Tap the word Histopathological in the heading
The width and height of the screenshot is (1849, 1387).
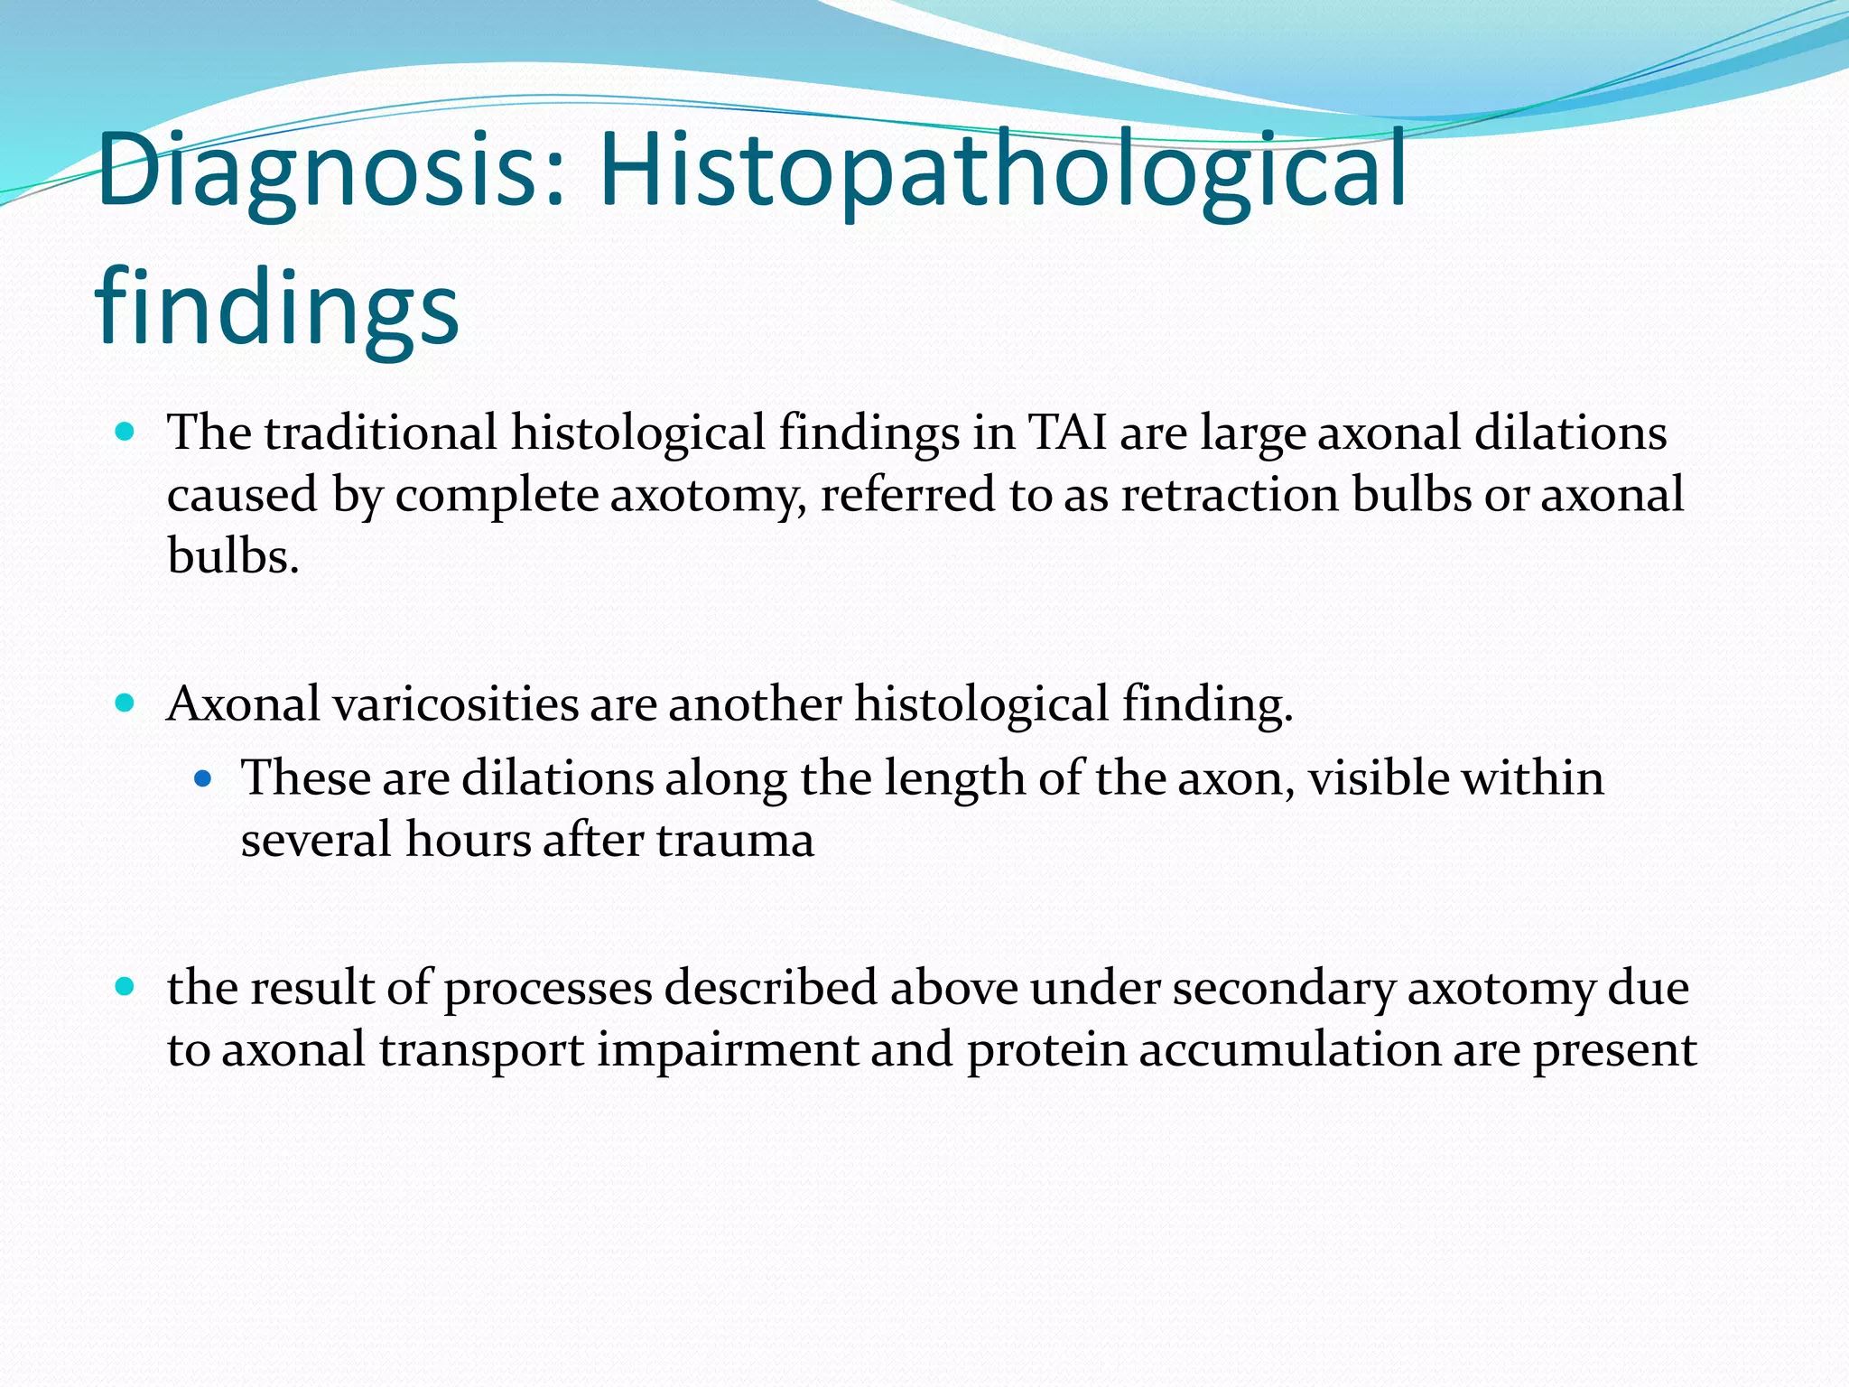coord(1002,172)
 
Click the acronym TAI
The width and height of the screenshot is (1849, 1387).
coord(1067,433)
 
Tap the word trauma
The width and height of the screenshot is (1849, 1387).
coord(735,840)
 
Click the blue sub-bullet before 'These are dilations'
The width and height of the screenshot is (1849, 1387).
coord(202,777)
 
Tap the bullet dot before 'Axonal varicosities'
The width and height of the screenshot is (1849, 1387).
coord(125,703)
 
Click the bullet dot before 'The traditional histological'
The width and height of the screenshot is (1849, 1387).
coord(125,432)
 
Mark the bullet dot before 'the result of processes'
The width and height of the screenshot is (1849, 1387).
coord(125,986)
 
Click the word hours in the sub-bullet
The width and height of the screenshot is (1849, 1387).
coord(469,840)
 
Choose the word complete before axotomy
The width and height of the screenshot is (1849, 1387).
coord(497,495)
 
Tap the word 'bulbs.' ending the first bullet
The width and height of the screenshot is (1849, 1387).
coord(233,556)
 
